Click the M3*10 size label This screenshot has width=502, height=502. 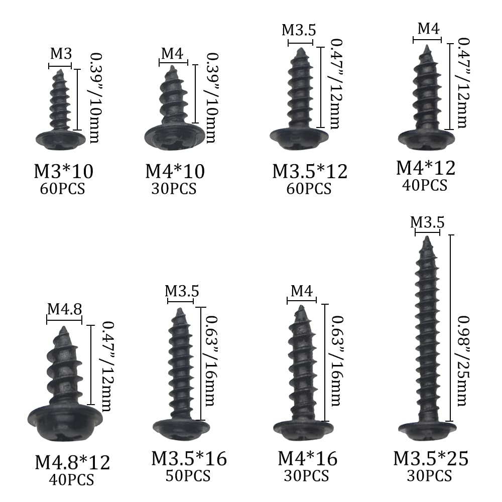(x=64, y=171)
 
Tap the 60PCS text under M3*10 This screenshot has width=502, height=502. (x=62, y=189)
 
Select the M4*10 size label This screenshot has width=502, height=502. (x=175, y=171)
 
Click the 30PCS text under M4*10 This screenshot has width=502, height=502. (x=174, y=189)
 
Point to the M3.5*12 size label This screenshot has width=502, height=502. (x=310, y=171)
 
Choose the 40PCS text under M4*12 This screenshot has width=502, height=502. (x=425, y=185)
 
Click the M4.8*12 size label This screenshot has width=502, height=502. (x=72, y=463)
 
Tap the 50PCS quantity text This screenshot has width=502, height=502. (x=188, y=476)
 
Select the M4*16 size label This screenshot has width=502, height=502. (x=308, y=458)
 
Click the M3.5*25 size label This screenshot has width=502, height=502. (x=431, y=458)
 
